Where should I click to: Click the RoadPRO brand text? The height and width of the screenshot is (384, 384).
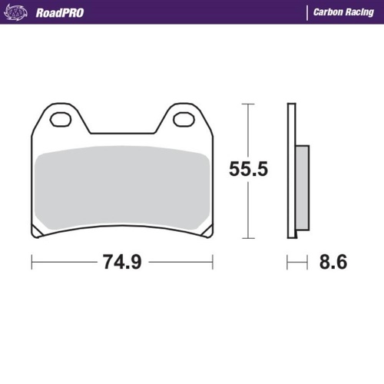tap(60, 12)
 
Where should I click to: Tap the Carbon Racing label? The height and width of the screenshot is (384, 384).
tap(343, 12)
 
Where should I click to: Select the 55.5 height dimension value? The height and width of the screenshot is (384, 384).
tap(248, 169)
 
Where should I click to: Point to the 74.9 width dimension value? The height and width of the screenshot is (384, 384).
tap(121, 262)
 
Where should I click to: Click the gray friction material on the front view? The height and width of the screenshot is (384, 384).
tap(123, 188)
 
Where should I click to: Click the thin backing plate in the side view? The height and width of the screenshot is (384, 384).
tap(292, 169)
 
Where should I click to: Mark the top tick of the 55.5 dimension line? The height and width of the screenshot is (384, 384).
tap(247, 103)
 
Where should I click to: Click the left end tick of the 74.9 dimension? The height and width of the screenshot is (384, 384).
tap(31, 262)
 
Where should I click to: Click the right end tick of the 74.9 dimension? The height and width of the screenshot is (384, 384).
tap(214, 262)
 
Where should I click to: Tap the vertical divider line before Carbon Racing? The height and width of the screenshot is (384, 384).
tap(306, 12)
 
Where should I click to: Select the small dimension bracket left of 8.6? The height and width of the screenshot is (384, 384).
tap(293, 262)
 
